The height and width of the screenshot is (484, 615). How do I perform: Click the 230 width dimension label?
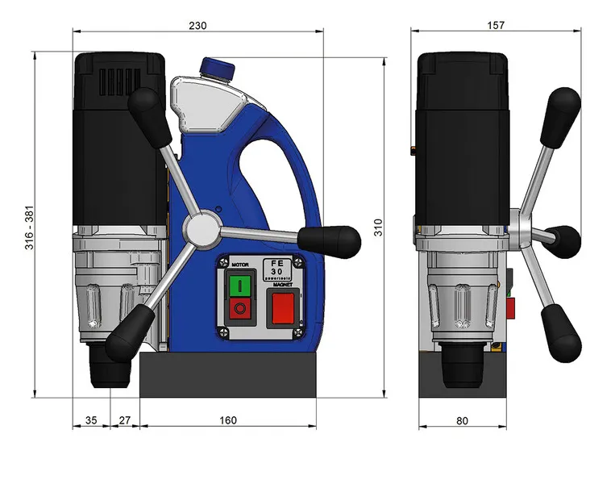click(x=197, y=26)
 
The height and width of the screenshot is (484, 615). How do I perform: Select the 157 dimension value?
click(x=496, y=25)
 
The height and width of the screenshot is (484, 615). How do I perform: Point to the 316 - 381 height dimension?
click(x=29, y=227)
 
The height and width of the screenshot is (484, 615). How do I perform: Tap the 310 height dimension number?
click(x=378, y=227)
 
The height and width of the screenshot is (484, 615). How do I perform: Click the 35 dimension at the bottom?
click(x=91, y=420)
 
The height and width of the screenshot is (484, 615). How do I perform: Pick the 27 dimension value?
click(x=124, y=420)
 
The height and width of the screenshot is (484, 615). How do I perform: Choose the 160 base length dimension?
click(x=228, y=420)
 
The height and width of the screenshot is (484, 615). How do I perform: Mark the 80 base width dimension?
click(x=462, y=421)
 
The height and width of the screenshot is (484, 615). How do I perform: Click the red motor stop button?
click(x=239, y=308)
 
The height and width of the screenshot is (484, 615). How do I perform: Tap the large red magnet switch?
click(x=283, y=308)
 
